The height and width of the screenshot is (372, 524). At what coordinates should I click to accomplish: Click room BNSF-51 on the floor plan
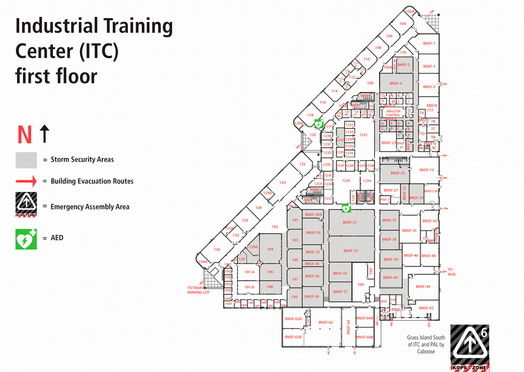pos(350,222)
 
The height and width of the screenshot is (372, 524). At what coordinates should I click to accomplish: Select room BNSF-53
pos(350,251)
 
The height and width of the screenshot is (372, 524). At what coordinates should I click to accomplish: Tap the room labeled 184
pos(270,249)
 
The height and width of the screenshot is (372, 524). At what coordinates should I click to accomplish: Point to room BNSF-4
pos(396,83)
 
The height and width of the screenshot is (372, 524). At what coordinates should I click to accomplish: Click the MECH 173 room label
pos(432,107)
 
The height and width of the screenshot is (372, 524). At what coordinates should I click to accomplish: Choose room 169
pos(360,284)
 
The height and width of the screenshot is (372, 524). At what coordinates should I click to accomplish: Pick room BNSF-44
pos(423,287)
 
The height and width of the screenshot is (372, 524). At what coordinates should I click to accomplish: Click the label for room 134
pos(217,249)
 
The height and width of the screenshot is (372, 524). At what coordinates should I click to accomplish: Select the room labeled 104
pos(403,24)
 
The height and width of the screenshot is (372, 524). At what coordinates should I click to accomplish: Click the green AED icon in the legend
pos(26,239)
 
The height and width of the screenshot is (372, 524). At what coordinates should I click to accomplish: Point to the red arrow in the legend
pos(26,181)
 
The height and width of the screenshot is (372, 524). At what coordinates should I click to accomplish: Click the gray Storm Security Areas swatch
pos(26,160)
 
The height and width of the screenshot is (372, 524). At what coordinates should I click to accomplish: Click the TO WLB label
pos(451,271)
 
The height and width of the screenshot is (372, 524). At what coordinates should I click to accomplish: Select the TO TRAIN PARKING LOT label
pos(198,290)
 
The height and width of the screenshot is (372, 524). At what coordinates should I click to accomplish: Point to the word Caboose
pos(426,352)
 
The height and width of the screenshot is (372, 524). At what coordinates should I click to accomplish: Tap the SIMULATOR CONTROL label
pos(393,113)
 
